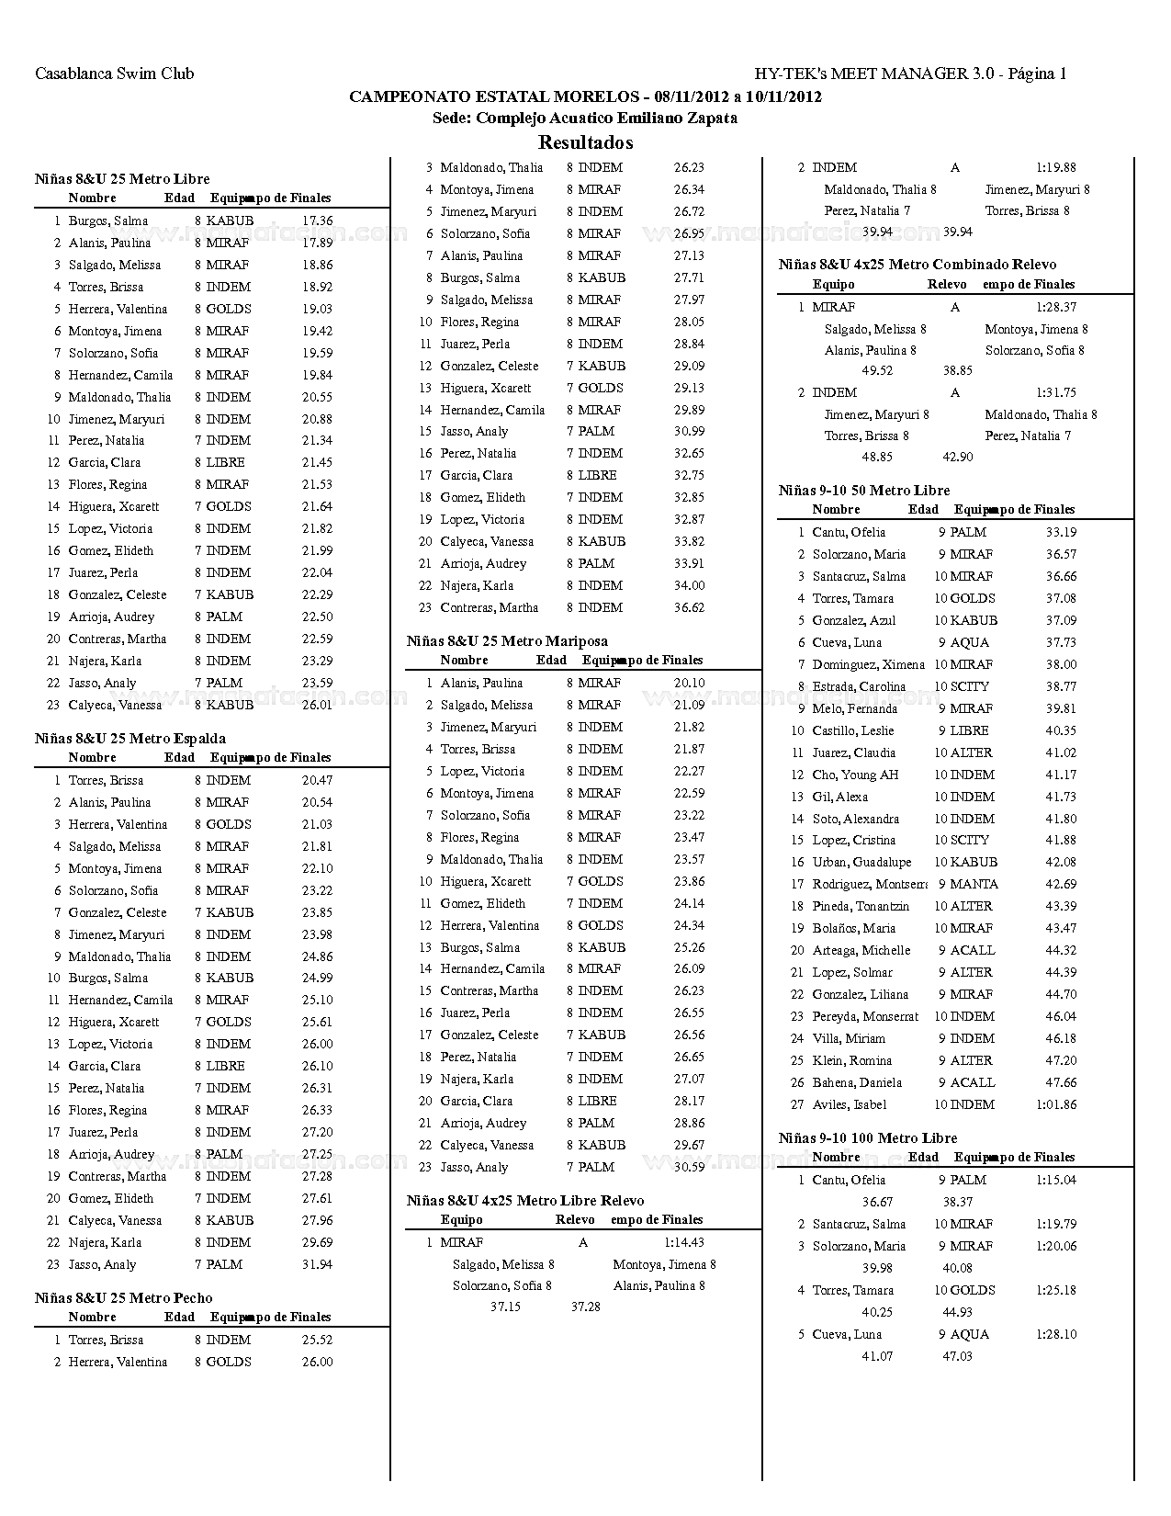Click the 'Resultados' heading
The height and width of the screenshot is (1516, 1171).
(x=585, y=142)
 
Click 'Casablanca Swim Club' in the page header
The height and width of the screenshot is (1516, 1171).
(x=114, y=74)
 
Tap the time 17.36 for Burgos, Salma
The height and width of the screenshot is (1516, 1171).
(x=317, y=221)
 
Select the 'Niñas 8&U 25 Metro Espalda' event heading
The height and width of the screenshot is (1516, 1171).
(x=129, y=739)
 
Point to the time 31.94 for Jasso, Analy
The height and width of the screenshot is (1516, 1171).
(x=317, y=1265)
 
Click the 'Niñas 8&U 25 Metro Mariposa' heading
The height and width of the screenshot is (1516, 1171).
(x=507, y=641)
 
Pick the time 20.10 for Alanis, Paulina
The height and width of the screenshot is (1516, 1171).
(x=689, y=684)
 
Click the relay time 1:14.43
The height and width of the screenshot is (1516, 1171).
(x=683, y=1243)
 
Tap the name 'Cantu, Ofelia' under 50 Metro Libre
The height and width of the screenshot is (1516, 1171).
(x=849, y=533)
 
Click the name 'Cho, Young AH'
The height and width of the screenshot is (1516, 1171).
(x=855, y=775)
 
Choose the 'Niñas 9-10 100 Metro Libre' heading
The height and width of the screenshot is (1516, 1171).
(x=868, y=1138)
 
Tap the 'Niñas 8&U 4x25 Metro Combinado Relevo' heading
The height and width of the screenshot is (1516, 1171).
(x=917, y=265)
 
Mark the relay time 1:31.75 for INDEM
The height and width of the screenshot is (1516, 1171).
(x=1056, y=393)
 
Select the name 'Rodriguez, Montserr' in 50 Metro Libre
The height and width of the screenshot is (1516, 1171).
(x=869, y=885)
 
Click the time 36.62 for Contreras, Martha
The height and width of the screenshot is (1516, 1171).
(x=689, y=608)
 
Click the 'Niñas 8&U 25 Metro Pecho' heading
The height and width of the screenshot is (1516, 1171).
(x=123, y=1298)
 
